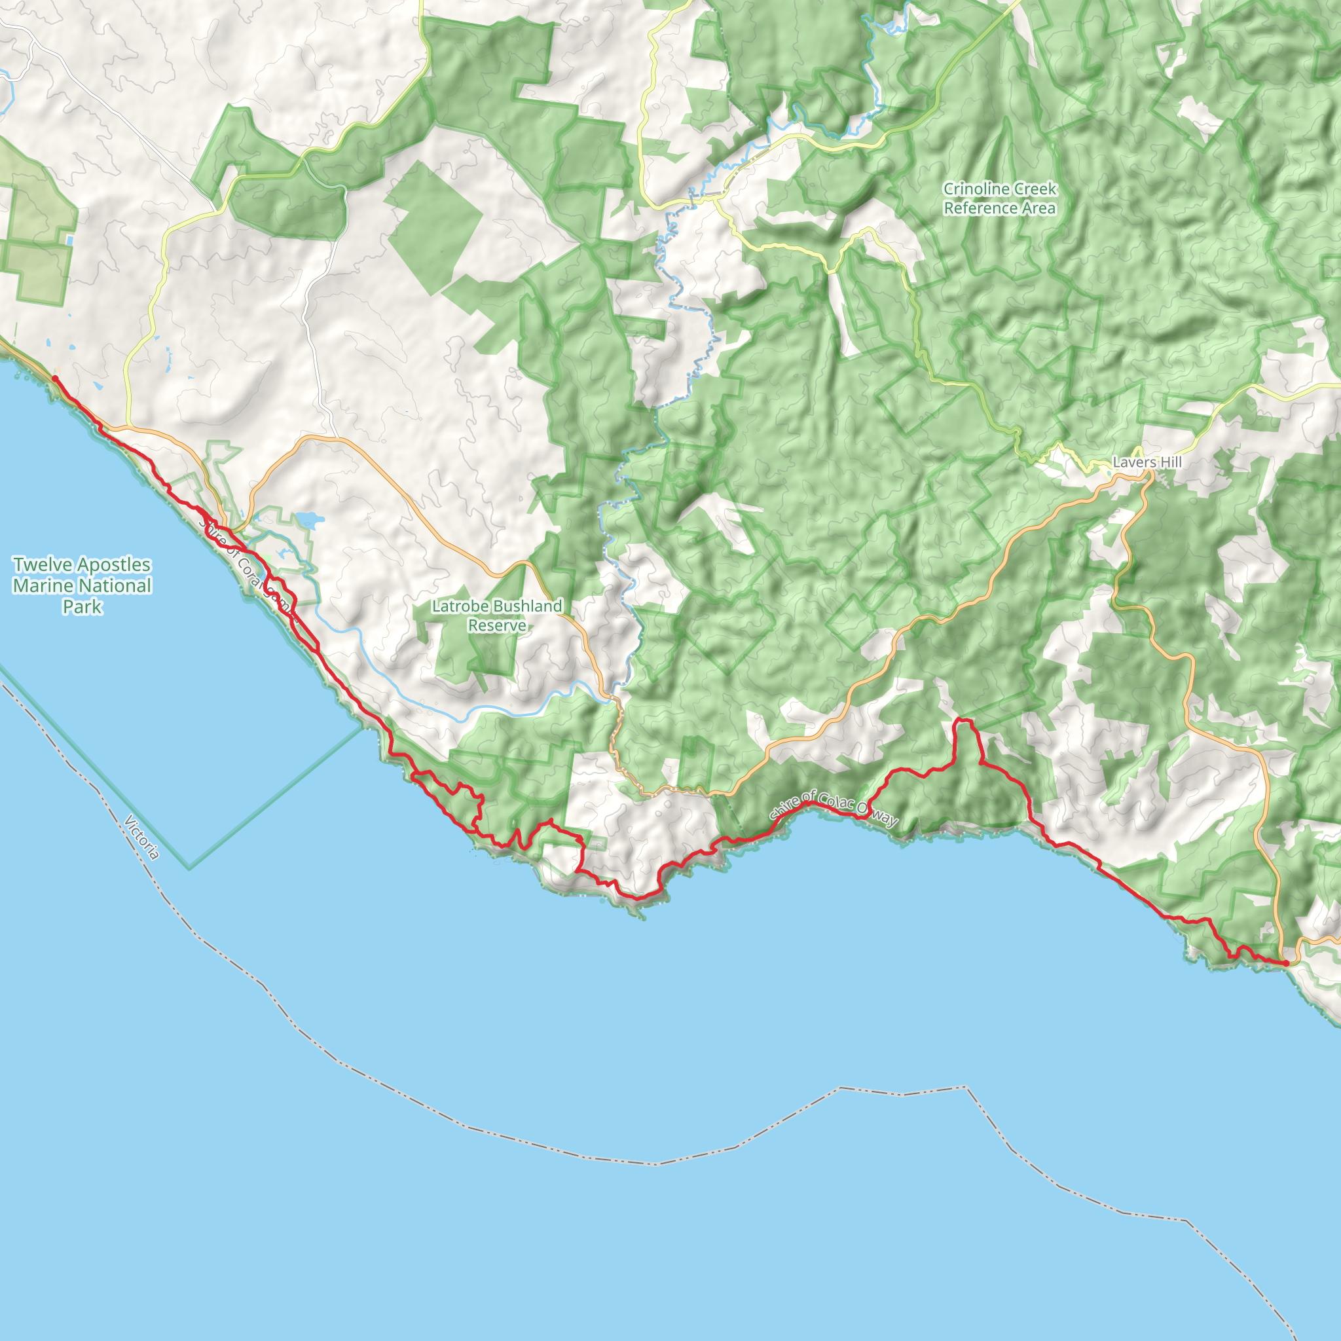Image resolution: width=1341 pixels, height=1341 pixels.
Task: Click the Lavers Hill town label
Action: [1147, 462]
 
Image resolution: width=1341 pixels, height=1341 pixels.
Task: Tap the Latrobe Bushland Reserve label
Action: [497, 615]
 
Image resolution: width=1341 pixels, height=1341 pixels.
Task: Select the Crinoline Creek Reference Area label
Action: [999, 198]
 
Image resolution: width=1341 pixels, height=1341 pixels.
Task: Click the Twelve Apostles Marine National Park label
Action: [82, 585]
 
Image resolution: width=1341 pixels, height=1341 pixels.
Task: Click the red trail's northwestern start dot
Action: [55, 378]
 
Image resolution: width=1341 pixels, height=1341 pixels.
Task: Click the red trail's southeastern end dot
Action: [1285, 963]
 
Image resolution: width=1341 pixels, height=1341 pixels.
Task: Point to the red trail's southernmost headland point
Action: [637, 898]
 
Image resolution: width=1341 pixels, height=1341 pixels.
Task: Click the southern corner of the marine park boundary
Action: [189, 868]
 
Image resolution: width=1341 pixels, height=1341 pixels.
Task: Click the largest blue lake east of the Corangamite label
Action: [308, 519]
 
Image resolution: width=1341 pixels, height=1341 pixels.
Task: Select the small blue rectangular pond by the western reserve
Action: [69, 240]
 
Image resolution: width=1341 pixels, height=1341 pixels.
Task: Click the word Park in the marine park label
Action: [82, 606]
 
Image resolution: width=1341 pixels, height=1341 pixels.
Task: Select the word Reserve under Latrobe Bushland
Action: [497, 625]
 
